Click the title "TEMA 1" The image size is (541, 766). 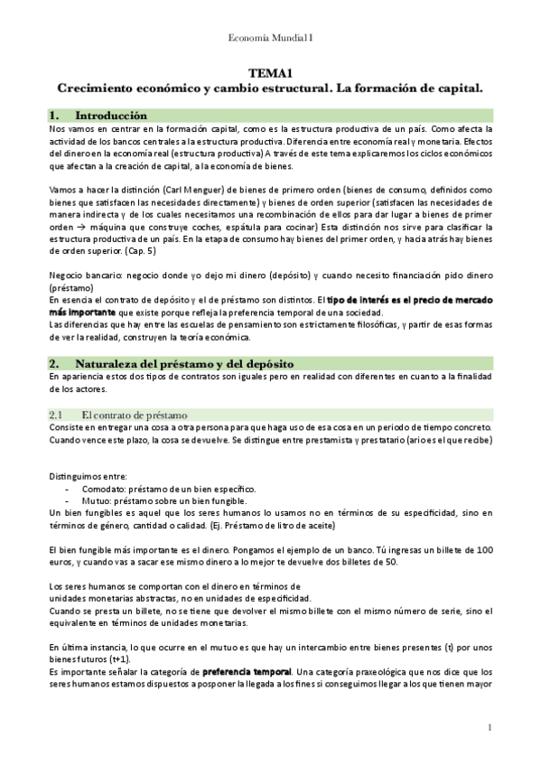[x=270, y=73]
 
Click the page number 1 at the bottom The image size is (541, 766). [x=488, y=728]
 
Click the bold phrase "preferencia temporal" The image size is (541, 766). [x=247, y=672]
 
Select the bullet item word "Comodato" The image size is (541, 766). [x=100, y=488]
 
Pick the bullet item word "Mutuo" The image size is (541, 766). [x=94, y=500]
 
